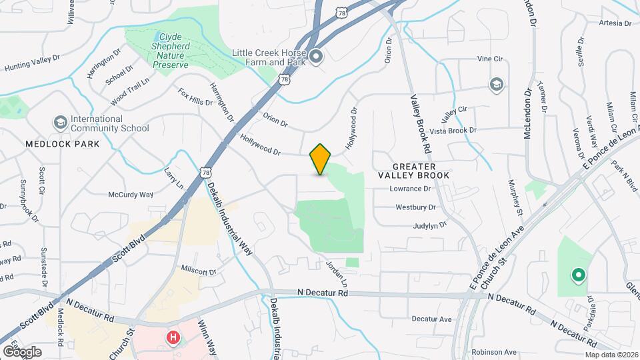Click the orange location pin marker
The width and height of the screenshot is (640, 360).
(321, 159)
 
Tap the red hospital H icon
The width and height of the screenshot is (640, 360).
(173, 338)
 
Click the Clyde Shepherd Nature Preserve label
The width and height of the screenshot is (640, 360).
(172, 51)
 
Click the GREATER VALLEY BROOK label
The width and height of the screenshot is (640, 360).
(414, 170)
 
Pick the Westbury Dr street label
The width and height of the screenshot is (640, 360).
(415, 207)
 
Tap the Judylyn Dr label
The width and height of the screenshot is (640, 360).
(429, 226)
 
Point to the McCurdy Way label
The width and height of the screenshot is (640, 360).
(131, 195)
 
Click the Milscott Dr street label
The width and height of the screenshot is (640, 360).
(199, 271)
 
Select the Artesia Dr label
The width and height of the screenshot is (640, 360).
(615, 23)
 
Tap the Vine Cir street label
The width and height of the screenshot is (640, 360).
(489, 59)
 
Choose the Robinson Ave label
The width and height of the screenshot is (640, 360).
(494, 351)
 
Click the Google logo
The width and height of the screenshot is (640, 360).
(22, 351)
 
